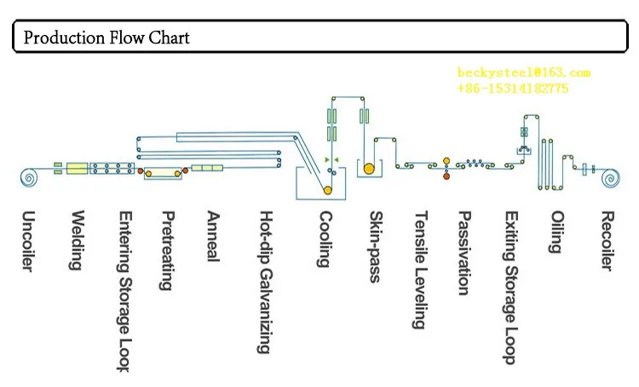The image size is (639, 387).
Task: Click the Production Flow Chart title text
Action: coord(106,38)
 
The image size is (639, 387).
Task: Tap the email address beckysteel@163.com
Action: coord(523,72)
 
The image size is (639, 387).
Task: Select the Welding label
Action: coord(77,240)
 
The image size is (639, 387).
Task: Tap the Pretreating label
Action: coord(168,251)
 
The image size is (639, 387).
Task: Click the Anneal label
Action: coord(214,236)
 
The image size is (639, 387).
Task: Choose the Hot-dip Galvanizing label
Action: coord(265,282)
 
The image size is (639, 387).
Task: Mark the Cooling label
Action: coord(323,239)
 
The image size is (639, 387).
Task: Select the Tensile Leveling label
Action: coord(418,270)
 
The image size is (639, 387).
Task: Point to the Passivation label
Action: coord(463,253)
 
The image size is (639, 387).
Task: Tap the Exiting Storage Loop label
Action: coord(509,287)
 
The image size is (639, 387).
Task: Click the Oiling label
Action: coord(556,232)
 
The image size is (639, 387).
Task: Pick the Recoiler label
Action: coord(606,240)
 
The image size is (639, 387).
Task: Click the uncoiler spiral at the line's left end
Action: coord(28,178)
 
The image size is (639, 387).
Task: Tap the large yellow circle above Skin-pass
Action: coord(368,169)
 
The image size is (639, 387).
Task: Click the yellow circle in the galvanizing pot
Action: coord(327,190)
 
